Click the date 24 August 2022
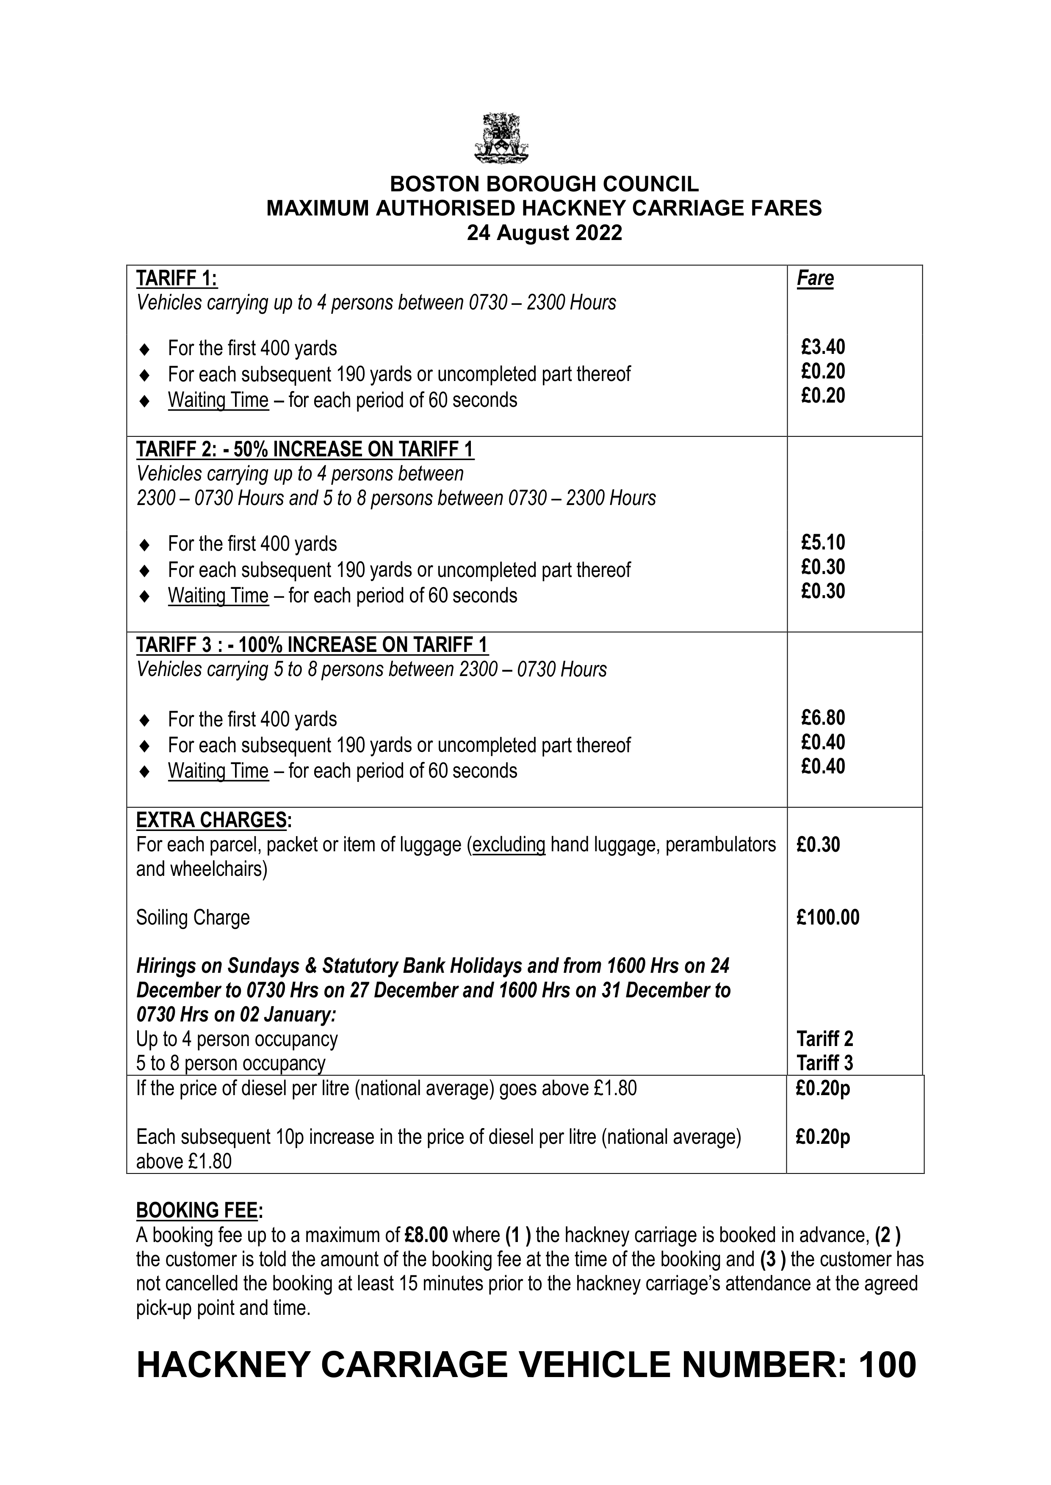pyautogui.click(x=544, y=233)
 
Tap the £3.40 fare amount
pyautogui.click(x=823, y=347)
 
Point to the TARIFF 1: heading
pyautogui.click(x=177, y=279)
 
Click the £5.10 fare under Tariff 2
pyautogui.click(x=823, y=543)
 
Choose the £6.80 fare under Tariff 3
pyautogui.click(x=823, y=718)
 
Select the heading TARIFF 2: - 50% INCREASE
pyautogui.click(x=305, y=450)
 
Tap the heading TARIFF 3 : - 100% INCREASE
pyautogui.click(x=312, y=645)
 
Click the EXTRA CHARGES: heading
pyautogui.click(x=213, y=820)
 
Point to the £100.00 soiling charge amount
pyautogui.click(x=828, y=917)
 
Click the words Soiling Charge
pyautogui.click(x=193, y=918)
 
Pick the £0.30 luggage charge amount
pyautogui.click(x=818, y=845)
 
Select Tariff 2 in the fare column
pyautogui.click(x=824, y=1039)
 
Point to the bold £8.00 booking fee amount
pyautogui.click(x=426, y=1235)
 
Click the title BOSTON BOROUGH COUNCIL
pyautogui.click(x=544, y=184)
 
